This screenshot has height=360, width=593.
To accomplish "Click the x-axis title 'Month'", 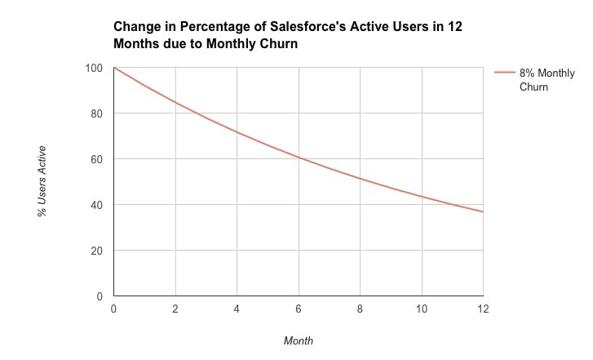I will [298, 340].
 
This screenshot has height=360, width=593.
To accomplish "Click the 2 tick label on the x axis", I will [175, 309].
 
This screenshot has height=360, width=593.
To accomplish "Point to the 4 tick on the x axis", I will [237, 309].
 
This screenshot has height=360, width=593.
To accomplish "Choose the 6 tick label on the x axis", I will [299, 309].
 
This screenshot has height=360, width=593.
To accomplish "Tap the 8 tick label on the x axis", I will [360, 309].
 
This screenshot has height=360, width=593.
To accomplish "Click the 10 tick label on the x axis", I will [422, 309].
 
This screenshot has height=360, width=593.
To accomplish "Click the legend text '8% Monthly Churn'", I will [547, 80].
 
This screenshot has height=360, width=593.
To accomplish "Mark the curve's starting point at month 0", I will [114, 68].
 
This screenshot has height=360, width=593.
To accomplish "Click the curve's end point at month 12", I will [483, 212].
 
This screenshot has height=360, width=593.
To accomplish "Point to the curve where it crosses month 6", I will [299, 158].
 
